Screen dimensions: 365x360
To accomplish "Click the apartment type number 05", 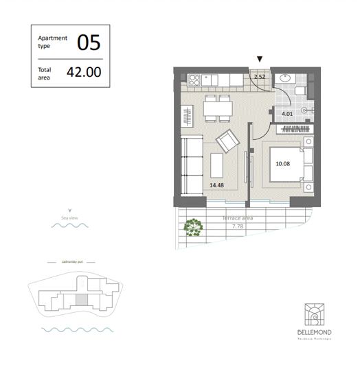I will (x=89, y=43).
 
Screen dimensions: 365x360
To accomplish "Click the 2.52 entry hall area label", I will (x=260, y=77).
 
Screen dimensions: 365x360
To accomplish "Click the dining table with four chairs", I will (x=219, y=108).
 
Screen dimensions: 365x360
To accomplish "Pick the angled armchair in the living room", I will (x=227, y=143).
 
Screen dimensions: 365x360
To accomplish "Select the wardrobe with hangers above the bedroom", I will (x=294, y=129).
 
